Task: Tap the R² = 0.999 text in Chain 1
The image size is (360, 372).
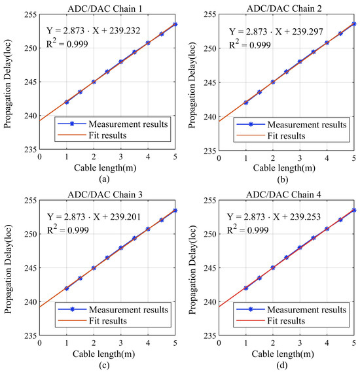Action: (x=69, y=44)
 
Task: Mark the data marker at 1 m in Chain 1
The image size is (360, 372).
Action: (x=67, y=102)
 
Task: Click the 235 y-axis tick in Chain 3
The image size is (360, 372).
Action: (x=30, y=335)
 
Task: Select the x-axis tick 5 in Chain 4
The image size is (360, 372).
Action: (x=353, y=343)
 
